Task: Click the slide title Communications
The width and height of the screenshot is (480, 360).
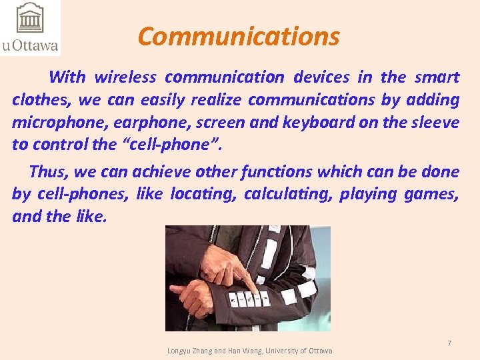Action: [x=239, y=37]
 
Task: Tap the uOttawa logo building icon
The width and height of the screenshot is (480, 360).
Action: [x=29, y=19]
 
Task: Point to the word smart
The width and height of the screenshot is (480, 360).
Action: [x=436, y=77]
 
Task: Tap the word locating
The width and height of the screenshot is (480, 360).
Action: [x=201, y=194]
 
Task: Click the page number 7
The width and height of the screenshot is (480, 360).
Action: [x=449, y=343]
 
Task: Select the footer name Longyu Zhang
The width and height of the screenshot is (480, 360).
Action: [x=190, y=351]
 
